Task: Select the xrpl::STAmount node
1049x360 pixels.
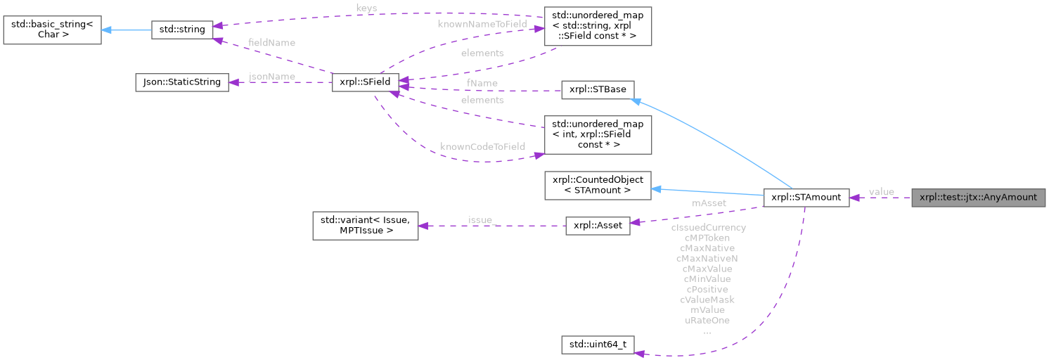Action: [806, 198]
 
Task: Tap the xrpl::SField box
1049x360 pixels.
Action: [365, 82]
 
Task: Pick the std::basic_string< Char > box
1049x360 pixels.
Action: [51, 29]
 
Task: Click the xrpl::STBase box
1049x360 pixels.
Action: [597, 90]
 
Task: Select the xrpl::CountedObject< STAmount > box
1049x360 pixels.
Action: [598, 185]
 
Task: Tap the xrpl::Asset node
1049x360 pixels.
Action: [598, 228]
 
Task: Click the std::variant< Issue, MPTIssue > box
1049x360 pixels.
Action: [365, 225]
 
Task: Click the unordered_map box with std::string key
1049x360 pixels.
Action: [598, 27]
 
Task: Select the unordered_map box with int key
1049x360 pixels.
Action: [598, 134]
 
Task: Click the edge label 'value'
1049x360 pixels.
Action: [881, 192]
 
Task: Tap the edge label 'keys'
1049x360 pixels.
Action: [366, 8]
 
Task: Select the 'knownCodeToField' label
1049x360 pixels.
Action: [482, 146]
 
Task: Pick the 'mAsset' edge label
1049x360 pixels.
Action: [709, 203]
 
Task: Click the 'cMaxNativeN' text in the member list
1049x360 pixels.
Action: [707, 258]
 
